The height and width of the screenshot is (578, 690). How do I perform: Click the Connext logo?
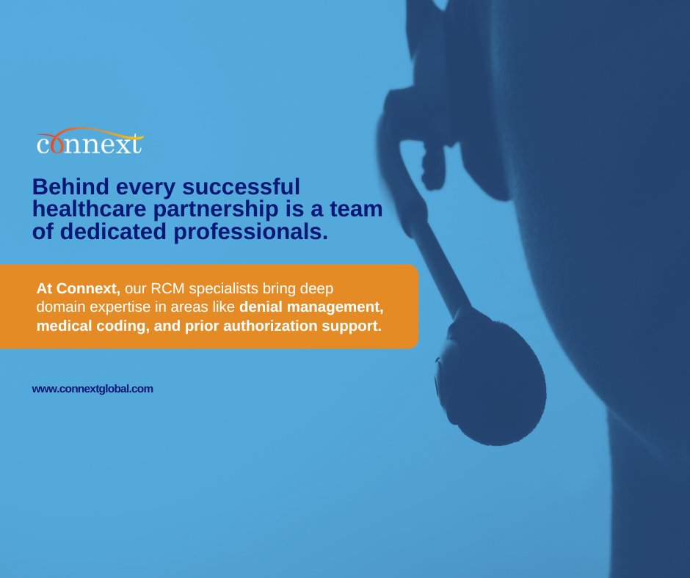pos(90,142)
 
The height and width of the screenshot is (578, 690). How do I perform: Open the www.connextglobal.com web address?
pos(92,389)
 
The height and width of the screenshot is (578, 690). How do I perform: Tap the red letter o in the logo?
pos(56,144)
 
